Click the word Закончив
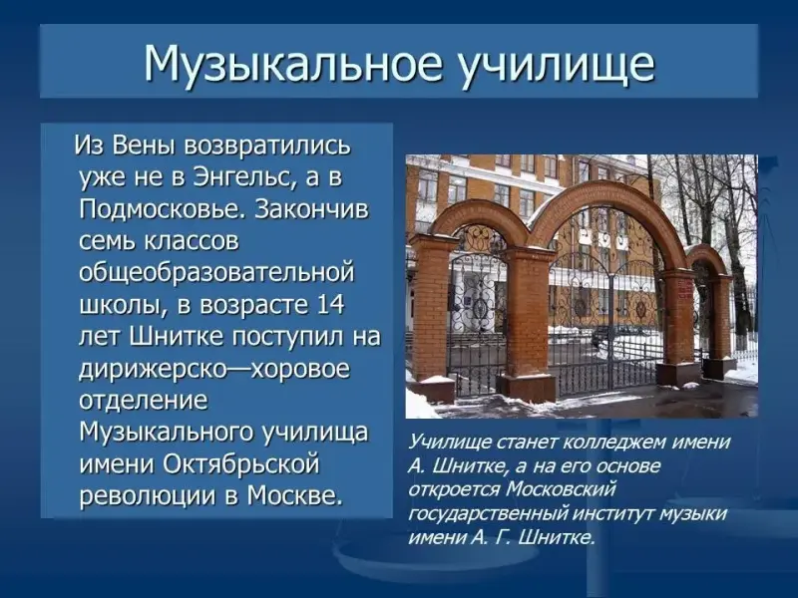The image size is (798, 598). [311, 209]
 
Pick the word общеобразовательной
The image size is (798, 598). [216, 273]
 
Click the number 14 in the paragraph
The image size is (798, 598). [330, 305]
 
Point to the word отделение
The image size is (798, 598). [144, 402]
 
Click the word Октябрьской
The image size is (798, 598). [241, 464]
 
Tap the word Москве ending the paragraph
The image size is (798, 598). [291, 495]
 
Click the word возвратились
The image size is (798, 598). [267, 147]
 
